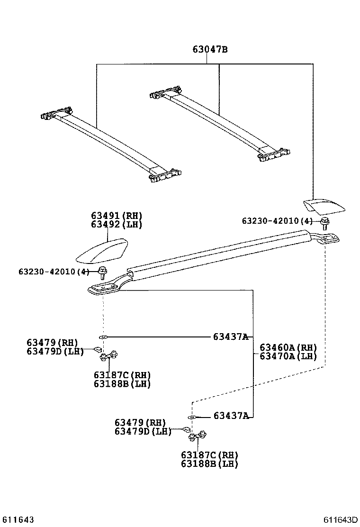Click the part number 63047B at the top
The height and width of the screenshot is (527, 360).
pyautogui.click(x=210, y=49)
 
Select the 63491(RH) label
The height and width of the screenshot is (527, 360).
pyautogui.click(x=117, y=216)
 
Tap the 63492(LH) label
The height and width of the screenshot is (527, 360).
pyautogui.click(x=117, y=225)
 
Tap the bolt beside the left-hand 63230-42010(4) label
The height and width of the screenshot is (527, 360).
pyautogui.click(x=102, y=272)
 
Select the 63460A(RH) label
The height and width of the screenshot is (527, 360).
pyautogui.click(x=288, y=347)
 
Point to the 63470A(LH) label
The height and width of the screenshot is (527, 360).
pyautogui.click(x=288, y=356)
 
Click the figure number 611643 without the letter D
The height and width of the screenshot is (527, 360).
pyautogui.click(x=18, y=520)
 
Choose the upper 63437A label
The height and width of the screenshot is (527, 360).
pyautogui.click(x=231, y=336)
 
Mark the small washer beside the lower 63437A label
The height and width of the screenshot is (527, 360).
pyautogui.click(x=191, y=417)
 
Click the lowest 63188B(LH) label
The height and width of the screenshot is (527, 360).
pyautogui.click(x=209, y=463)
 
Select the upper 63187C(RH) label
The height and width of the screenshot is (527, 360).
pyautogui.click(x=122, y=375)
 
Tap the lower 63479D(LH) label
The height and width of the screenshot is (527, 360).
pyautogui.click(x=143, y=431)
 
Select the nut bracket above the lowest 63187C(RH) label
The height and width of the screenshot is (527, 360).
pyautogui.click(x=198, y=436)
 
